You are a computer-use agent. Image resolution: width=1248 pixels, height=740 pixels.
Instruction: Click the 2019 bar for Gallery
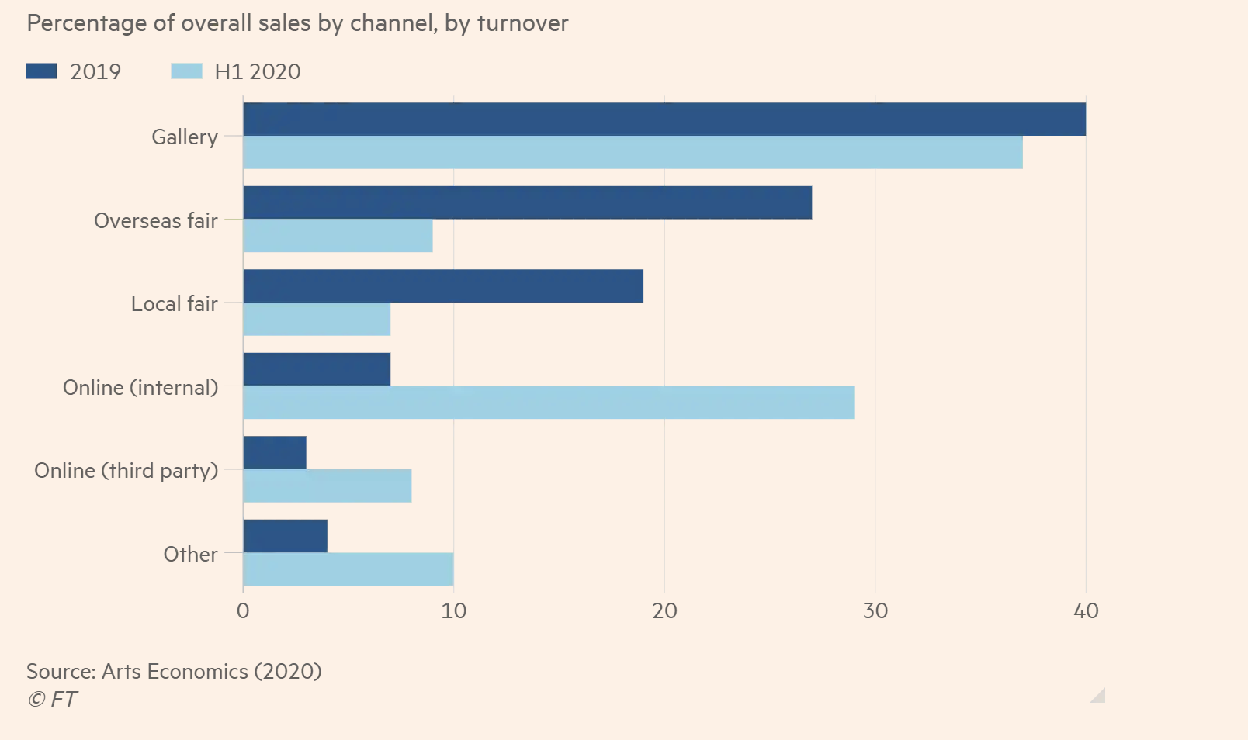(664, 119)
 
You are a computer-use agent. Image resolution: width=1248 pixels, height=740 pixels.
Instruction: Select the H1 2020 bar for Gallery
(633, 153)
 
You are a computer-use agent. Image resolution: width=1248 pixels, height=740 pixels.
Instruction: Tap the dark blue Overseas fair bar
(528, 202)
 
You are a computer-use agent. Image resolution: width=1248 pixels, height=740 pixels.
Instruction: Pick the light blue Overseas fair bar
(338, 236)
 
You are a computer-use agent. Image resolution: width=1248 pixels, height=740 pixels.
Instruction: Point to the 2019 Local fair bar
(443, 286)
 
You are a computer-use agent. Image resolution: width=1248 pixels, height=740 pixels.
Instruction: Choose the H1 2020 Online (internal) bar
(549, 403)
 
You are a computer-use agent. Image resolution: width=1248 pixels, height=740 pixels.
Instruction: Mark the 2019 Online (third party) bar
(275, 453)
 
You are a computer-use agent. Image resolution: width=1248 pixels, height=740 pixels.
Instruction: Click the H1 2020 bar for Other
(348, 569)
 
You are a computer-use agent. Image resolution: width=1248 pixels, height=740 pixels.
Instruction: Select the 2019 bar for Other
(285, 536)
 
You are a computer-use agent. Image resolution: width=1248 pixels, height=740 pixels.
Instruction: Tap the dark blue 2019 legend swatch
(42, 71)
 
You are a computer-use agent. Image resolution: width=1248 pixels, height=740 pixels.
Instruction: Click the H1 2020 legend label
(257, 71)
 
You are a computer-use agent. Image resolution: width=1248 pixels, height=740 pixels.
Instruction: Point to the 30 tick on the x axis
(875, 611)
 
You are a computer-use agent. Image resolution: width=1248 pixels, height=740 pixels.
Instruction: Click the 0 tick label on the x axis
(243, 611)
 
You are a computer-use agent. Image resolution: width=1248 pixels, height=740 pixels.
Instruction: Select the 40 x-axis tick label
(1086, 611)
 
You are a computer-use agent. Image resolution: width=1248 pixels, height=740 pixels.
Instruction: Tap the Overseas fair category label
(155, 221)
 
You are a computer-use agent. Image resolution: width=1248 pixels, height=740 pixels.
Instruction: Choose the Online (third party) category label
(126, 471)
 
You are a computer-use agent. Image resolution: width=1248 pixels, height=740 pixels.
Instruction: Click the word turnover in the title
(522, 23)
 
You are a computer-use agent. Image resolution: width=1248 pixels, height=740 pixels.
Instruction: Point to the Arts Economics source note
(174, 671)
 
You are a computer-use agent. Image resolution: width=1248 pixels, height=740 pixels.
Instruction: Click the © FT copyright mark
(52, 699)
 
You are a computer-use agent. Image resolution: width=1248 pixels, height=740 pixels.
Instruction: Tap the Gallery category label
(184, 137)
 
